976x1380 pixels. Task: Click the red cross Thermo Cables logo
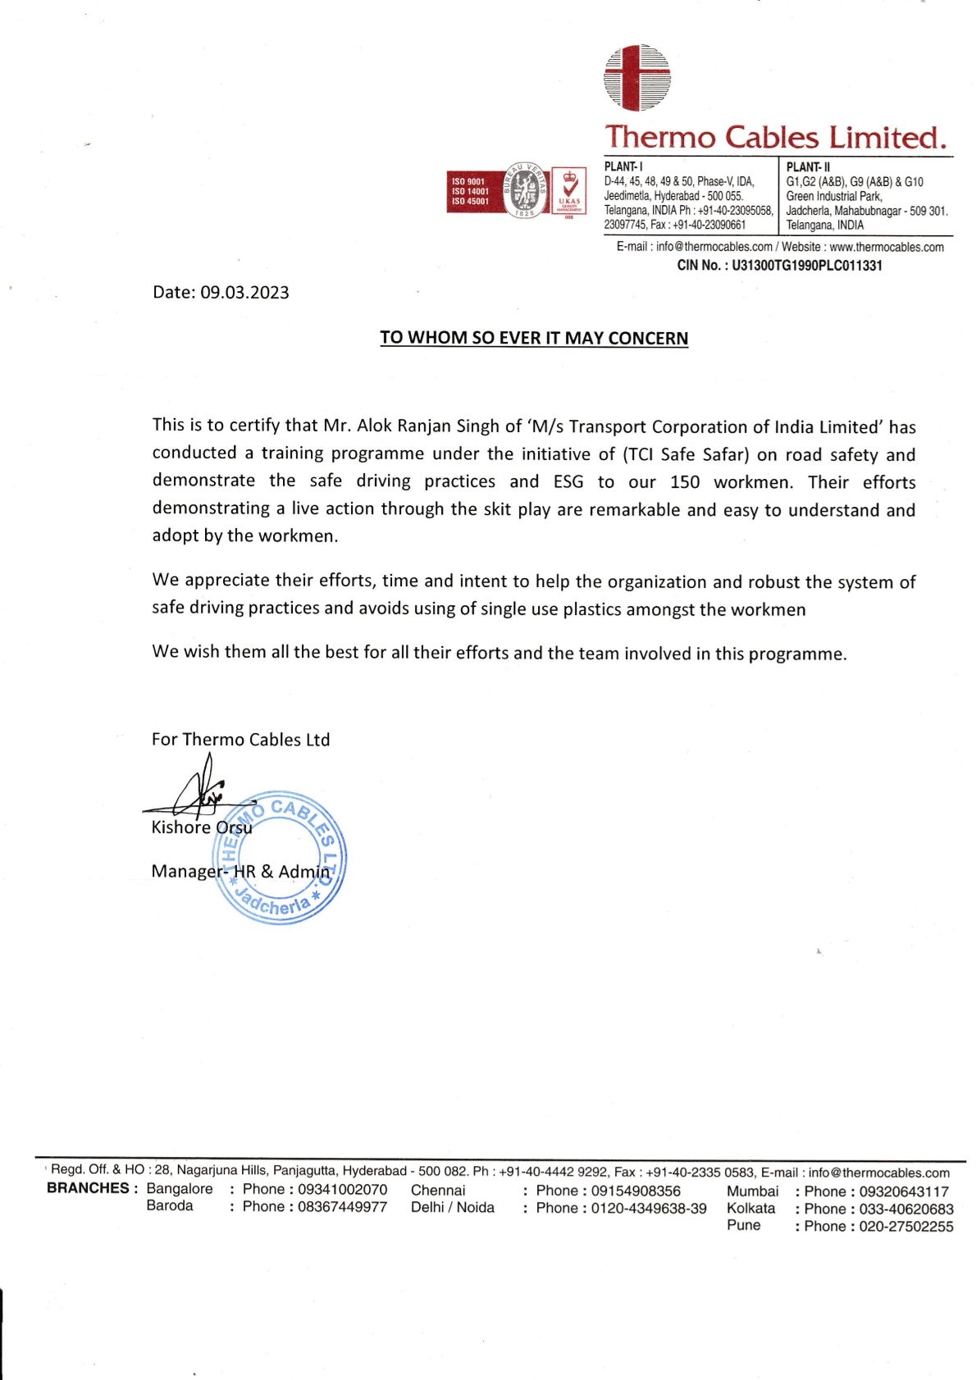pos(636,78)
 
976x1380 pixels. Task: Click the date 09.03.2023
pos(244,293)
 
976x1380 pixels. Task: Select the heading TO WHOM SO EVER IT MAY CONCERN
pos(533,338)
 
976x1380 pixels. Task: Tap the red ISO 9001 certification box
pos(470,191)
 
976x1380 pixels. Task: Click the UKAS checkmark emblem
pos(568,189)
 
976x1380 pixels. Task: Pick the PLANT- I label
pos(623,166)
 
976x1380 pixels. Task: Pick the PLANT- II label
pos(808,166)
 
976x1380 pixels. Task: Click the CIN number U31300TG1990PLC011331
pos(806,265)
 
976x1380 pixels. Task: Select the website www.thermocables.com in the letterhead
pos(886,247)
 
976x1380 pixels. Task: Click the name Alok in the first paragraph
pos(375,426)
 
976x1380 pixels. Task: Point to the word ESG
pos(568,481)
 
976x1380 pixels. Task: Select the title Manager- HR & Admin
pos(240,871)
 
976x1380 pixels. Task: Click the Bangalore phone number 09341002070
pos(342,1189)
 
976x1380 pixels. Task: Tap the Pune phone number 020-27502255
pos(905,1226)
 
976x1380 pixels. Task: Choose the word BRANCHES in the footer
pos(88,1188)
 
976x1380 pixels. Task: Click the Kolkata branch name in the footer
pos(750,1208)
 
